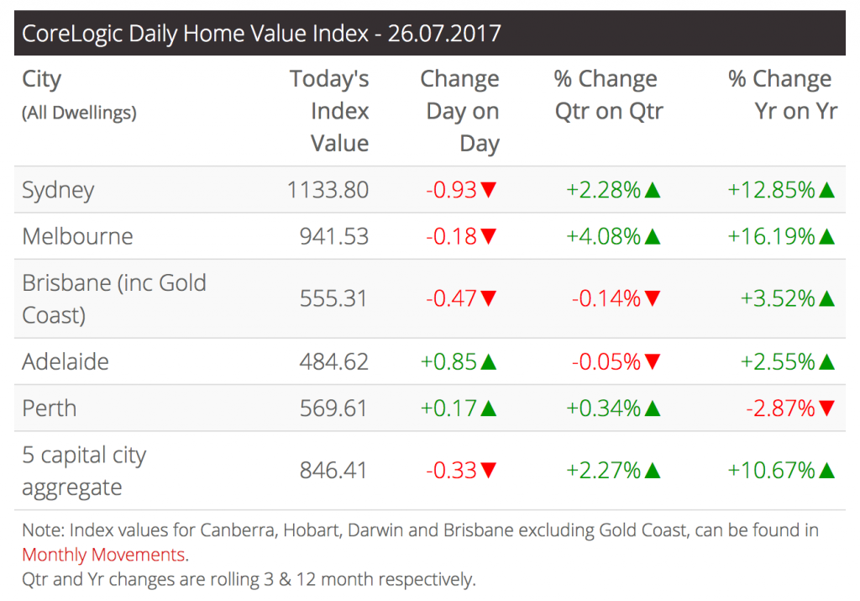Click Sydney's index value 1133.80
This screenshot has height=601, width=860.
tap(328, 190)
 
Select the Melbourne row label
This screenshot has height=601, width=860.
tap(77, 236)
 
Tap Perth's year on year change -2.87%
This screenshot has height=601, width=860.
tap(780, 409)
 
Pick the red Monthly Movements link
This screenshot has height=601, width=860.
tap(103, 555)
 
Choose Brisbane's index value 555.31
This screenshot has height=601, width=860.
tap(333, 298)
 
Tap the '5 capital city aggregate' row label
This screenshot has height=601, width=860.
tap(84, 471)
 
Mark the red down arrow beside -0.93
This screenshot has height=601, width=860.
tap(489, 191)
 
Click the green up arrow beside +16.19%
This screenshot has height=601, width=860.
tap(826, 237)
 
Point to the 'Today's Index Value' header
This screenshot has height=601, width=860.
tap(330, 111)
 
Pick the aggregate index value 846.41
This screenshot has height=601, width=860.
tap(333, 470)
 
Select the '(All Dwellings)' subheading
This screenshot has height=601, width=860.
tap(79, 112)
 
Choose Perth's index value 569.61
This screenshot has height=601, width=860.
tap(333, 409)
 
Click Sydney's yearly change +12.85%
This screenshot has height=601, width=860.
tap(772, 190)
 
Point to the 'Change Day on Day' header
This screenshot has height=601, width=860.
tap(460, 111)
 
